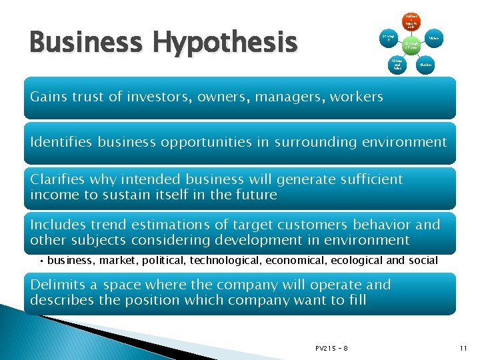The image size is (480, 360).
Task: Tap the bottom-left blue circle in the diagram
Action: pyautogui.click(x=398, y=65)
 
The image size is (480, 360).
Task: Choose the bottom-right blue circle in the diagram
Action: pyautogui.click(x=426, y=65)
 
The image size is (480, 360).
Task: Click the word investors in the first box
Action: pyautogui.click(x=183, y=97)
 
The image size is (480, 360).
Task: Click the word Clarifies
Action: pyautogui.click(x=57, y=179)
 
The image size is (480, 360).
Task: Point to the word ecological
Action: pyautogui.click(x=351, y=260)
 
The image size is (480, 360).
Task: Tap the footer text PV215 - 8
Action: pyautogui.click(x=334, y=348)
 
